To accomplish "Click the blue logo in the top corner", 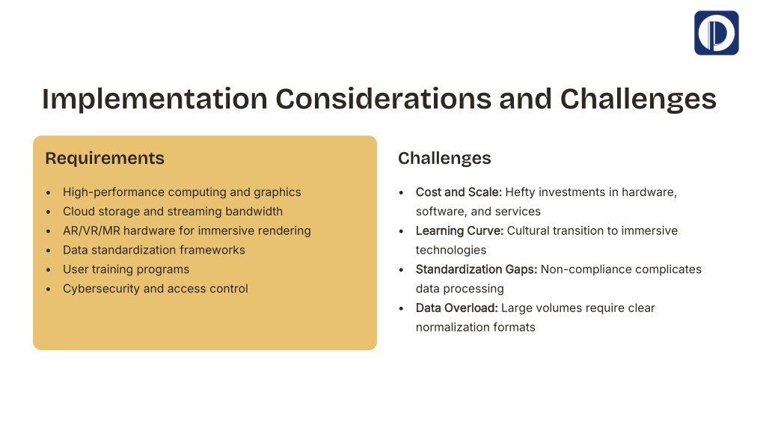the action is [716, 33].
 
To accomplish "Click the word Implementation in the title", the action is [154, 100].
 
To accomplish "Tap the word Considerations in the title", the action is [383, 99].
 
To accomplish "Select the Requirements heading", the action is [105, 159].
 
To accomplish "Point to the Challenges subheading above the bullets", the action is [444, 159].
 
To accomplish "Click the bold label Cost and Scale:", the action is [459, 192].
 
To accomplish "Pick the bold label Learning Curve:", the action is [459, 231].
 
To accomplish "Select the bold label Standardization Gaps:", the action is [477, 269].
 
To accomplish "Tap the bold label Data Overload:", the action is [457, 308].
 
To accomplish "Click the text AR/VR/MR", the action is [91, 230].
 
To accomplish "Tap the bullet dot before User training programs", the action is [48, 269].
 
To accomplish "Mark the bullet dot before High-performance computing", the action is [48, 192].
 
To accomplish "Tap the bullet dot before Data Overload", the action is [401, 308].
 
